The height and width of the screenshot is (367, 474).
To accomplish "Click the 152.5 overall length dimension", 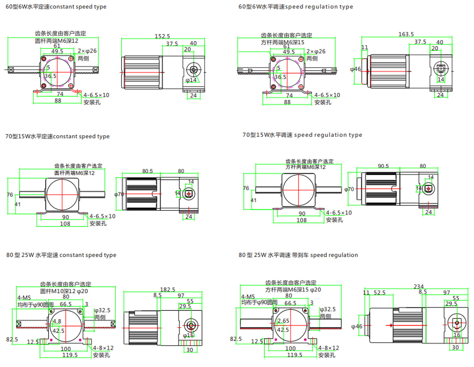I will pos(162,36).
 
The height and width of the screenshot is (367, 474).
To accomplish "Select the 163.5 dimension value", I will pos(406,34).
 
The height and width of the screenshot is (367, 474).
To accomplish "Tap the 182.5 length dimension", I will pos(168,289).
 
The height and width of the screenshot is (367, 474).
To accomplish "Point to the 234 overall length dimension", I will pos(419,286).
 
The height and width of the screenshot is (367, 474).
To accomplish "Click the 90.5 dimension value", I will pos(383,166).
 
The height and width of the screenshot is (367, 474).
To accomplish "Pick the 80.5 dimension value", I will pos(148,171).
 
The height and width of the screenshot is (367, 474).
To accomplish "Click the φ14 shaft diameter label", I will pos(191,80).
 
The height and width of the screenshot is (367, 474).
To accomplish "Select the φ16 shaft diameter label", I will pos(188,335).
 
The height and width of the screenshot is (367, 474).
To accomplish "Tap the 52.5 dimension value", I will pos(379,293).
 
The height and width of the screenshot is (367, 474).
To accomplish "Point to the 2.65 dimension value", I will pos(283,321).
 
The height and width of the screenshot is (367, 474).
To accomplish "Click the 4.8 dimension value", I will pos(57,321).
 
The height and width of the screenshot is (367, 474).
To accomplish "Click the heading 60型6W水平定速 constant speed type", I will pos(56,7).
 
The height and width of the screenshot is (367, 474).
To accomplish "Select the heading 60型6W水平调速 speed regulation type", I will pos(296,7).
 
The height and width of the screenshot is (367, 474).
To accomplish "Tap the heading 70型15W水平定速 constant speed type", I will pos(57,136).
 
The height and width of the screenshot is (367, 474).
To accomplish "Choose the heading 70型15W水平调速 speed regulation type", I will pos(302,135).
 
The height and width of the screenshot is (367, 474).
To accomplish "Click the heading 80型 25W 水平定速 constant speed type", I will pos(61,255).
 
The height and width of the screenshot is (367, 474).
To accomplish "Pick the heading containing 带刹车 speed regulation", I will pos(298,255).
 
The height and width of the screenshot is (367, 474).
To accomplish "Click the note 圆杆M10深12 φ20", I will pos(64,291).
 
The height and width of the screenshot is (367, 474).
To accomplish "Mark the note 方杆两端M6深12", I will pos(305,167).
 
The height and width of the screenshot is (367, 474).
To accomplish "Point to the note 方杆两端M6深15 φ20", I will pos(293,290).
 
